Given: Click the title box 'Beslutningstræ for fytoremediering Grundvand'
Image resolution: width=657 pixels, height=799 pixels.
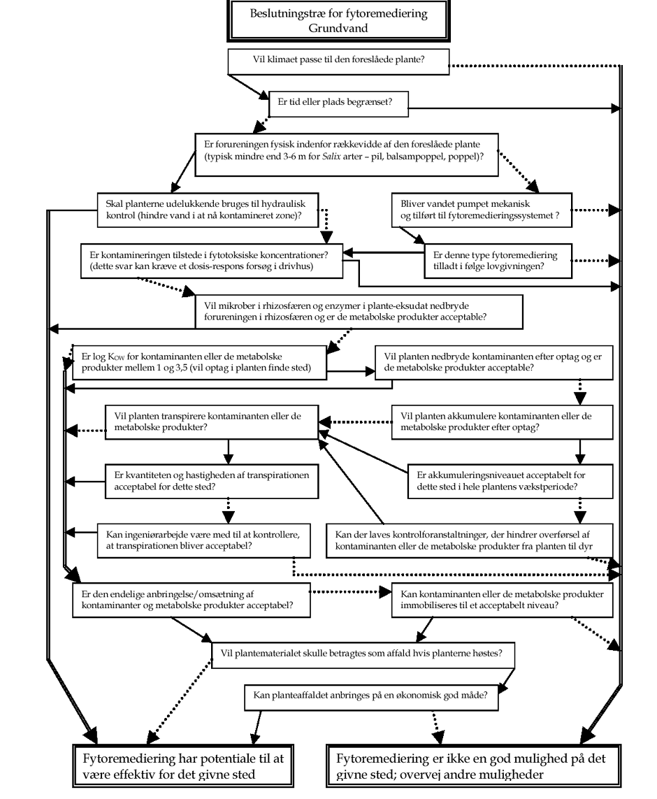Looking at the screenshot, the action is tap(338, 20).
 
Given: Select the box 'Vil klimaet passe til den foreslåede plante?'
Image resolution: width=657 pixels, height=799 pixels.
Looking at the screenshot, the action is tap(338, 62).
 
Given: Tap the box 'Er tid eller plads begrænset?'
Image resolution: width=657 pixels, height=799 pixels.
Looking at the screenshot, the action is tap(339, 104).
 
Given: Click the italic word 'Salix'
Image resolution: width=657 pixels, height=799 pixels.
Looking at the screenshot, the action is tap(331, 157).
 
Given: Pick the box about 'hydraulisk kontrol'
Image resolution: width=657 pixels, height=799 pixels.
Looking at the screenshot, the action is tap(208, 210).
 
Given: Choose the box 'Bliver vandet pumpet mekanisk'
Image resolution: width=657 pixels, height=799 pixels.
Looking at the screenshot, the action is tap(482, 210).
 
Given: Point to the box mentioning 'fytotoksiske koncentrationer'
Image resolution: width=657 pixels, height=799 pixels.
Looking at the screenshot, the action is tap(211, 261).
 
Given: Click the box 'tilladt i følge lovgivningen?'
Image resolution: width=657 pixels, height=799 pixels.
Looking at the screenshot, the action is tap(498, 261).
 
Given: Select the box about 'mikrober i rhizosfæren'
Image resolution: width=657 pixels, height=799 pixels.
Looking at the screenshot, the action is tap(359, 312).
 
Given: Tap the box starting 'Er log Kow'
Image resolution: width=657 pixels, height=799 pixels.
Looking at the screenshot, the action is tap(199, 363).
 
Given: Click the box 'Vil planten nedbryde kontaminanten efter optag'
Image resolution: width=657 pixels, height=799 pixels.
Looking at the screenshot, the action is tap(494, 363).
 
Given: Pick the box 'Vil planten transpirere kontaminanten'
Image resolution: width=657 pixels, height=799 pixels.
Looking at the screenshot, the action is tap(212, 422).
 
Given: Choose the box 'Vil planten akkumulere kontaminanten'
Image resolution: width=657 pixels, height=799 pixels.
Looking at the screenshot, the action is tap(502, 422).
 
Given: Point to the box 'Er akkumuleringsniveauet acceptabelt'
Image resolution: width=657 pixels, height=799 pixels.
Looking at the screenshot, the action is tap(510, 482).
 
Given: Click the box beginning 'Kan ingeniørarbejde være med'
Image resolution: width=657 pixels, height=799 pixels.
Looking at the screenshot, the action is tap(203, 540).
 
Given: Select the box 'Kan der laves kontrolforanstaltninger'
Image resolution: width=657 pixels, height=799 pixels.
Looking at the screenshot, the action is tap(470, 540).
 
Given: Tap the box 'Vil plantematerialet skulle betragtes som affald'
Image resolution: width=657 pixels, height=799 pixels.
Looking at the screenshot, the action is tap(363, 655).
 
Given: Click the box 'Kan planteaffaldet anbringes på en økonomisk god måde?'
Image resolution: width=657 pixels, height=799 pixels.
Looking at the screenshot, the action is tap(371, 698).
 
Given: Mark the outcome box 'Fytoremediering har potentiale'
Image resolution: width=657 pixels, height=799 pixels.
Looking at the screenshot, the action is tap(183, 766).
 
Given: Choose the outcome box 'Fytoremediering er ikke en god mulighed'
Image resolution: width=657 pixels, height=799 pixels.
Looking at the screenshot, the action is tap(474, 766).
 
